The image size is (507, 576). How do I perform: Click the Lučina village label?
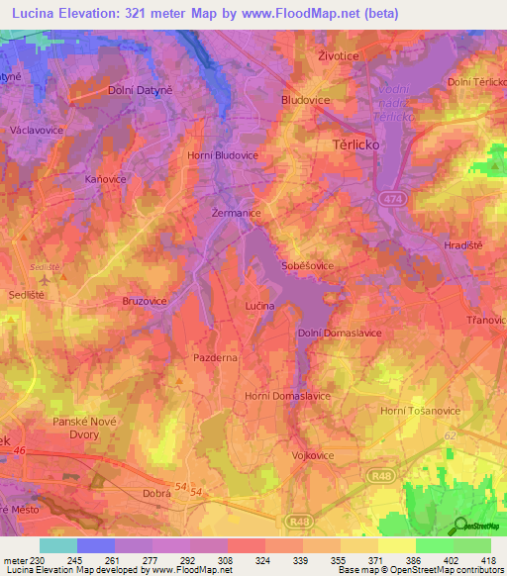(258, 308)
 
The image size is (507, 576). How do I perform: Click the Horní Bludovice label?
(223, 155)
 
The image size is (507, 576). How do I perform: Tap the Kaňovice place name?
(105, 179)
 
